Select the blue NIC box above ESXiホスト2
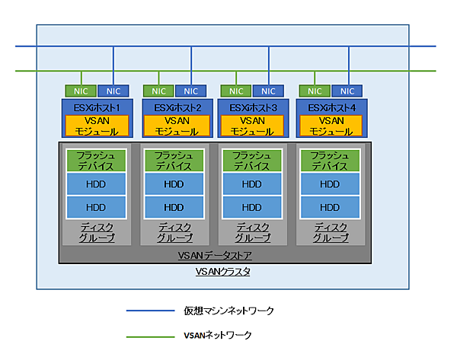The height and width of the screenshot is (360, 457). point(190,91)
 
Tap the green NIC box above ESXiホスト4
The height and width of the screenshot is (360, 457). point(312,91)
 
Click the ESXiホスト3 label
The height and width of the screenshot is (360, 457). point(251,107)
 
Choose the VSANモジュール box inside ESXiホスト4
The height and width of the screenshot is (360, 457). point(329,126)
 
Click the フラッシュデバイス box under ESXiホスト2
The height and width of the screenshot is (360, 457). point(173,161)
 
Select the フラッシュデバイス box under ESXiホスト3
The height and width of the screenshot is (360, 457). point(251,161)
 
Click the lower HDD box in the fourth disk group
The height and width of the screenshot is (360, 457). point(329,207)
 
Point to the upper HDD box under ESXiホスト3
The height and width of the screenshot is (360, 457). point(251,184)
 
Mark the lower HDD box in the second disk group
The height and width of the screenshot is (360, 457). point(173,207)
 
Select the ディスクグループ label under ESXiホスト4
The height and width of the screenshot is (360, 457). point(329,232)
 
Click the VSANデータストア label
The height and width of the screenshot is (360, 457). point(213,256)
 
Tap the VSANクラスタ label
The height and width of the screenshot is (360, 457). point(218,271)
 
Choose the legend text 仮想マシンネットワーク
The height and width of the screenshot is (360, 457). point(228,311)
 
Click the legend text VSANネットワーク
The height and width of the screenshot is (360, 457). point(218,335)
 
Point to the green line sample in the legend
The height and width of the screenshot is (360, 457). point(149,335)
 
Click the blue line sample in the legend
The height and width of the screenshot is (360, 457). point(149,311)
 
